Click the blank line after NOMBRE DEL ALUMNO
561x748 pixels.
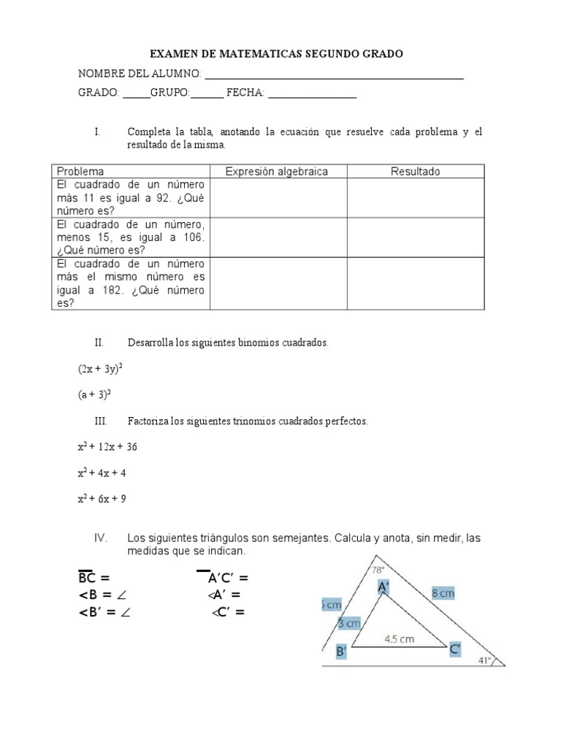[x=334, y=76]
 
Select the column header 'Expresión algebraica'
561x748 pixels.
[x=276, y=172]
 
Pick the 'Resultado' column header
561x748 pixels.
[x=415, y=172]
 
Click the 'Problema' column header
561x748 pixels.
[x=80, y=172]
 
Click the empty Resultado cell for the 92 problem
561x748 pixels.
[x=415, y=198]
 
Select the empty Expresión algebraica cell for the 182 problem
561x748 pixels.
[x=276, y=283]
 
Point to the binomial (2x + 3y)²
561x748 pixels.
[x=100, y=370]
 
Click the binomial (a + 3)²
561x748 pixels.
[x=94, y=394]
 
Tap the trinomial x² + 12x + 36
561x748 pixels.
[x=107, y=447]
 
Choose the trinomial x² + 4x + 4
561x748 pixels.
[x=102, y=473]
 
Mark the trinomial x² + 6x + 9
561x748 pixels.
[x=102, y=500]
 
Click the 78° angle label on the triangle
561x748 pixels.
[x=378, y=570]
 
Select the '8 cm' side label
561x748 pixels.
[x=443, y=593]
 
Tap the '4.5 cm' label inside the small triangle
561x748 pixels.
[x=399, y=638]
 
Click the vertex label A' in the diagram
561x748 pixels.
[x=384, y=587]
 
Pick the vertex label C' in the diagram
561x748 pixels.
[x=454, y=649]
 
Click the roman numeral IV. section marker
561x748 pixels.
[x=101, y=538]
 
